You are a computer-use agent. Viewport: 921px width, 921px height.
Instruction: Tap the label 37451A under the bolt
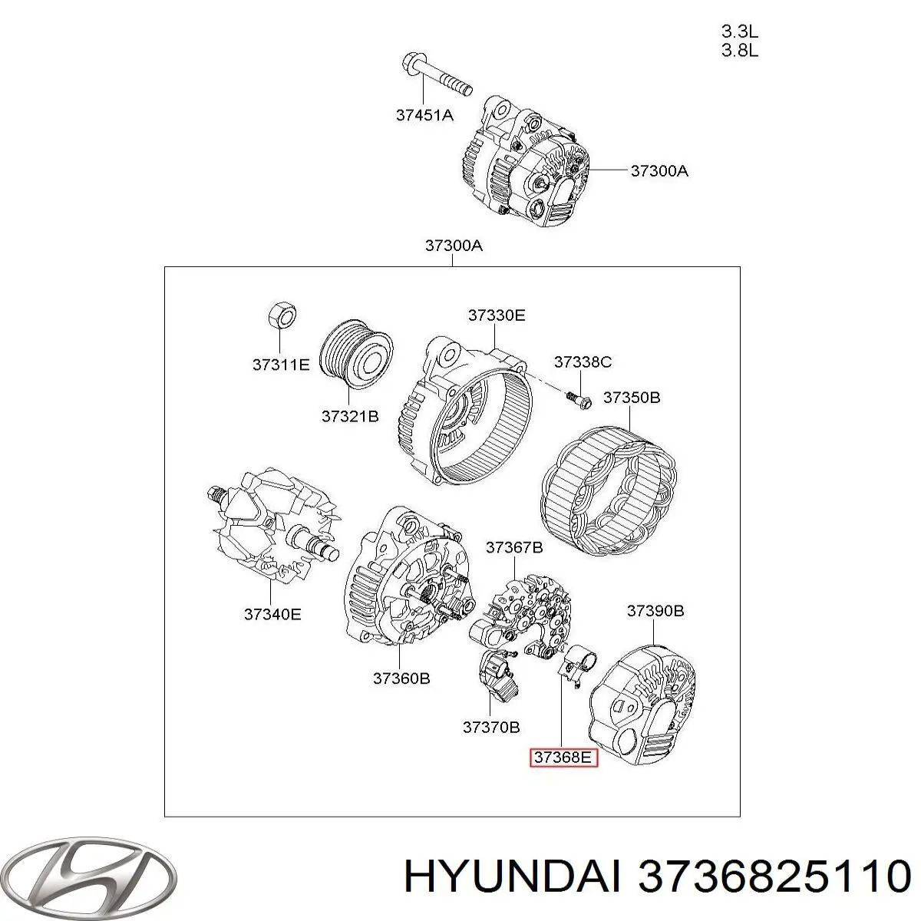coord(424,114)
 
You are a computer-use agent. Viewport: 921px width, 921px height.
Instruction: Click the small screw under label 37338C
coord(579,401)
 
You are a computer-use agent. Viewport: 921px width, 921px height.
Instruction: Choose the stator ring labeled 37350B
coord(609,492)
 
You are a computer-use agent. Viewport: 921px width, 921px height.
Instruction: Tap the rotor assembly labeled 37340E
coord(273,526)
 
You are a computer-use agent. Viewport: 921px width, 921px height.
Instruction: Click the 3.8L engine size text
coord(739,50)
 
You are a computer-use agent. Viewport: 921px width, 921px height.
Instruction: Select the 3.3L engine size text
coord(739,31)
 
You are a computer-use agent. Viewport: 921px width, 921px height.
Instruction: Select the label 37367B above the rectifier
coord(514,547)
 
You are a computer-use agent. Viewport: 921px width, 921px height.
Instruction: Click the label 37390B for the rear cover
coord(655,610)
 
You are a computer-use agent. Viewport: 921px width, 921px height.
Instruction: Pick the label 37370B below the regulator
coord(491,727)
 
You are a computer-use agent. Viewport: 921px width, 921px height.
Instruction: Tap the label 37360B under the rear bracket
coord(401,678)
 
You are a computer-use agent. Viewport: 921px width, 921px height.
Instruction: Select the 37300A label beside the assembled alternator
coord(659,170)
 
